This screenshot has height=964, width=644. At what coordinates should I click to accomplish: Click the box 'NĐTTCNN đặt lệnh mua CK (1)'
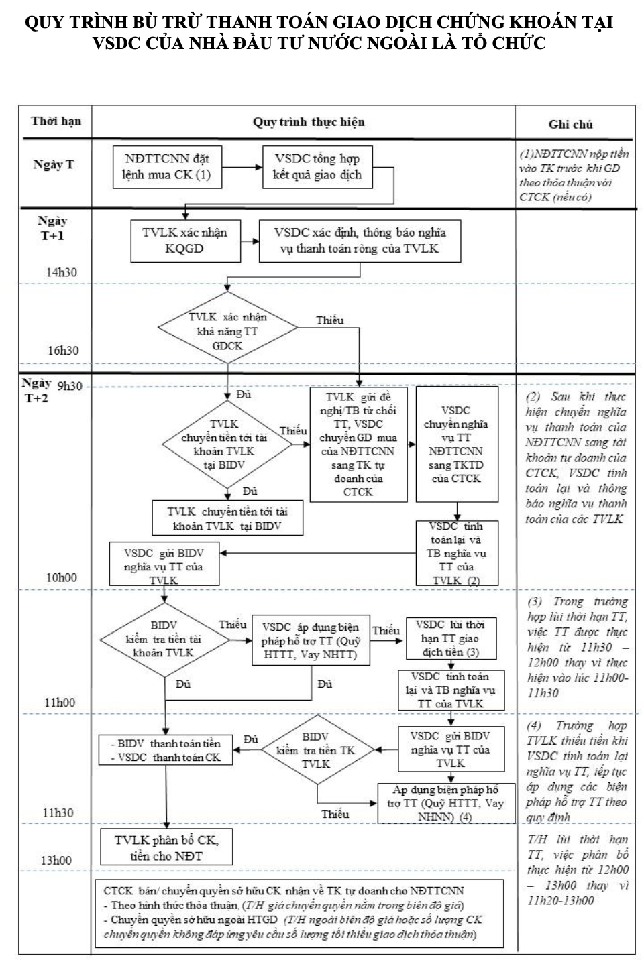pos(167,166)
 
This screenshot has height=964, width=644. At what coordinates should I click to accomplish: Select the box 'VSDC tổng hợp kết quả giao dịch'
pos(317,166)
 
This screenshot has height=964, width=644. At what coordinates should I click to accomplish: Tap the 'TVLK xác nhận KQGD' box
pos(185,241)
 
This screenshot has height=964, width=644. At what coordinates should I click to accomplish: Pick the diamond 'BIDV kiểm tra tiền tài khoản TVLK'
pos(164,639)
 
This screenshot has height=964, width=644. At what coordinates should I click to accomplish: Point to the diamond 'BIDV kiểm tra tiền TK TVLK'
pos(316,751)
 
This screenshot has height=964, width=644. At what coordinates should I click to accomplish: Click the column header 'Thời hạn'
pos(56,121)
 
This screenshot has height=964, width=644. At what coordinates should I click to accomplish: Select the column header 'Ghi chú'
pos(570,124)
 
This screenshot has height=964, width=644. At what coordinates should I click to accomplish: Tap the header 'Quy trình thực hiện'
pos(309,122)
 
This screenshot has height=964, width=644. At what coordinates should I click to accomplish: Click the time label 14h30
pos(62,273)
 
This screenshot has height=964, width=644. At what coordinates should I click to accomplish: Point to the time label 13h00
pos(58,860)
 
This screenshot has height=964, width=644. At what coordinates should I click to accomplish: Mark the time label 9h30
pos(70,386)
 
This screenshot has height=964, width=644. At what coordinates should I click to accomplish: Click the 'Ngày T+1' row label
pos(52,228)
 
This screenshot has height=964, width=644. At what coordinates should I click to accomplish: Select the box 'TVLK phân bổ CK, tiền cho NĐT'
pos(167,847)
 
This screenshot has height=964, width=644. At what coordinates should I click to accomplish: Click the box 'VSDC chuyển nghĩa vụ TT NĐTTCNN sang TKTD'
pos(457,444)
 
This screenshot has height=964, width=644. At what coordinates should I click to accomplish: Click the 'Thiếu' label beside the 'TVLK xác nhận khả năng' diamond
pos(330,320)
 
